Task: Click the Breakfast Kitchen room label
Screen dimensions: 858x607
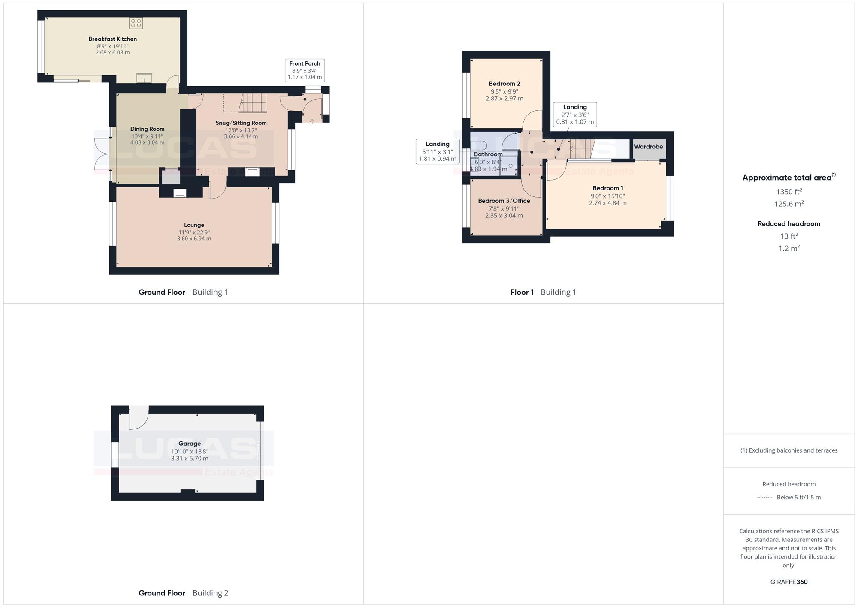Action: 112,39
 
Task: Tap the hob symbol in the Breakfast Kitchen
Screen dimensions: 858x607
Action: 136,23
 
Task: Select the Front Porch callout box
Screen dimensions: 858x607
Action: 305,70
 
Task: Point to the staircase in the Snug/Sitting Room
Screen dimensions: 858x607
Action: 253,103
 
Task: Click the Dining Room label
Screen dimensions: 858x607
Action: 147,129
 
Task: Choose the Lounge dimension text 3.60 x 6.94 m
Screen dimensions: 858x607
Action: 194,239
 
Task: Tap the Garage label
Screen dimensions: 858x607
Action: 190,444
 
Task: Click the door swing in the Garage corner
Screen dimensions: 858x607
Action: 138,417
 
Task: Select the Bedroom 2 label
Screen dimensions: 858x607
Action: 505,84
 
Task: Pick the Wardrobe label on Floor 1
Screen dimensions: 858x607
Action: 648,147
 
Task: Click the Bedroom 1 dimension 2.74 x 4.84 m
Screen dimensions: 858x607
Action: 607,203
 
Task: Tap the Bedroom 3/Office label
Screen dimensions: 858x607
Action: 504,201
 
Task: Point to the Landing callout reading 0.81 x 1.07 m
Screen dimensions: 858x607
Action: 575,115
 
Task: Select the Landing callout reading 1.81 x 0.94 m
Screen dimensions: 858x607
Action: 438,151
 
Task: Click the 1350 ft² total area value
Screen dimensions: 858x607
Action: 789,192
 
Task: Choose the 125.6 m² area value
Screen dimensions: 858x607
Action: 789,204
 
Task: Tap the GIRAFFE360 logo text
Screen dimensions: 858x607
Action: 789,582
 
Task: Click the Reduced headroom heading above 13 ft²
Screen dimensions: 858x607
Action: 789,223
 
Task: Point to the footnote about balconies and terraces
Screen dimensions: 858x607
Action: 789,450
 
